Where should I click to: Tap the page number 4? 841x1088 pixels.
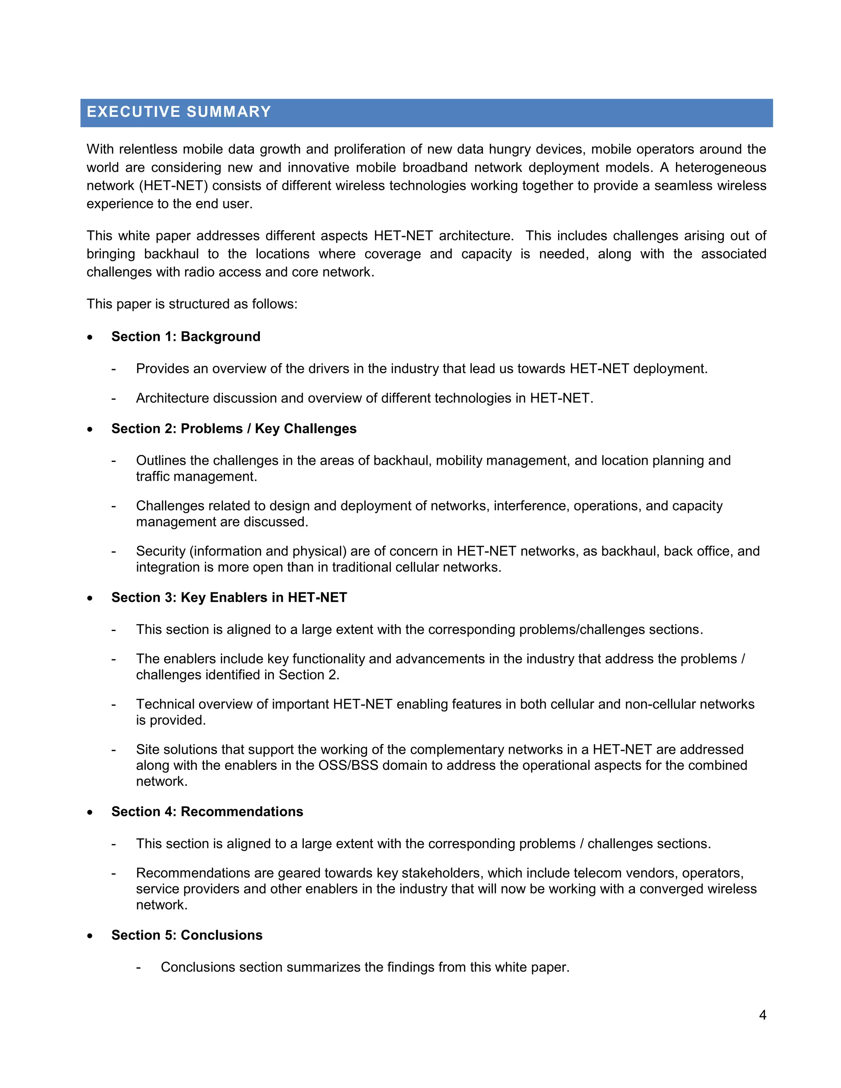762,1015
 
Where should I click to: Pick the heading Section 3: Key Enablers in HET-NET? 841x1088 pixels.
229,597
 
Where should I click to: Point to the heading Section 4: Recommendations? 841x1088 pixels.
207,812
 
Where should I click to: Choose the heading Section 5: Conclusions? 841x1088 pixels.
186,935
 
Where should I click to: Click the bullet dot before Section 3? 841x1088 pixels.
90,598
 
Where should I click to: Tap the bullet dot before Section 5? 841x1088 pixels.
90,936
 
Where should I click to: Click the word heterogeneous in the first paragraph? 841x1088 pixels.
720,168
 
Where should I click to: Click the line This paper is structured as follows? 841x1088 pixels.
192,304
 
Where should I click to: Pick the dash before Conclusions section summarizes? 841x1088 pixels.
138,967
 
